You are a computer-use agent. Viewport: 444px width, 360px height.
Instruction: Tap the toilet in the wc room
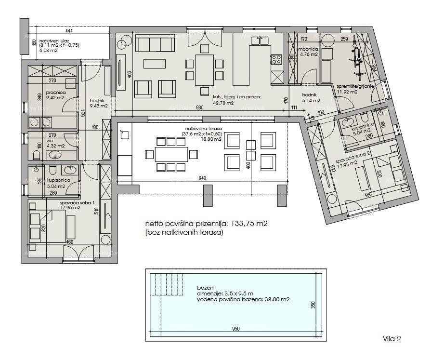[x=37, y=155]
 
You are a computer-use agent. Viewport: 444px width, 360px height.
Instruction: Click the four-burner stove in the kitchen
[x=276, y=60]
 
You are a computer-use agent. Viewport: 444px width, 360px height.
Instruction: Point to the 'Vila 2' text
[x=392, y=339]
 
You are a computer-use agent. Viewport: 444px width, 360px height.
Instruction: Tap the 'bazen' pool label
[x=205, y=288]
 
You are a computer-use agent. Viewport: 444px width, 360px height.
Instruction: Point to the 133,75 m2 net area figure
[x=246, y=224]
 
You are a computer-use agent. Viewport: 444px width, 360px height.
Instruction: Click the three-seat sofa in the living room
[x=155, y=44]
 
